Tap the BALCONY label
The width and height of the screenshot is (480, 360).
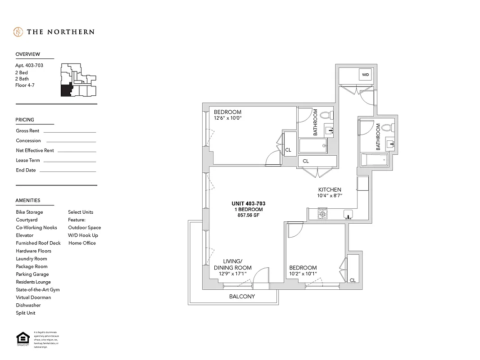[242, 297]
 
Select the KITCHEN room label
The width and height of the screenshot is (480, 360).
[330, 189]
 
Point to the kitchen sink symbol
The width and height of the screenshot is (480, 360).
[348, 213]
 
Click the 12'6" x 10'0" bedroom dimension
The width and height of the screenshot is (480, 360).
[228, 118]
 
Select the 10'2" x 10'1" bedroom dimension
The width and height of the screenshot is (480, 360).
[303, 274]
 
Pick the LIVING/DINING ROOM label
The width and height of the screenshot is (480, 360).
[233, 265]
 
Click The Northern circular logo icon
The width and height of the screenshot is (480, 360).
[18, 32]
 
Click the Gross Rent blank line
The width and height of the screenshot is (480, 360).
[70, 132]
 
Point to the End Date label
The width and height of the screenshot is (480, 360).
[26, 170]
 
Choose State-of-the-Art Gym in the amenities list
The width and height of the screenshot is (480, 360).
[38, 290]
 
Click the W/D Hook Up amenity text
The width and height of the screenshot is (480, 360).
[83, 235]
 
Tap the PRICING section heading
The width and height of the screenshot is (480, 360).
[25, 120]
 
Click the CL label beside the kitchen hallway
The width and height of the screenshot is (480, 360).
[306, 161]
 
